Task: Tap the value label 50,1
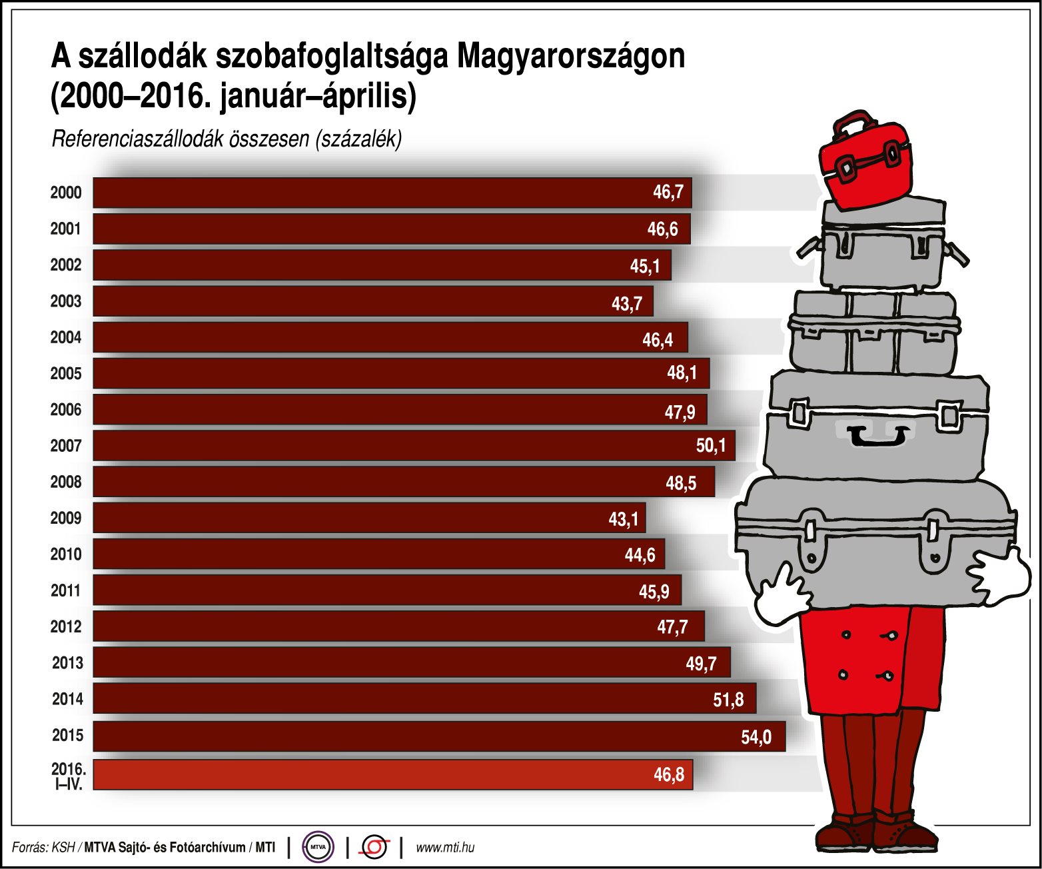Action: pos(710,445)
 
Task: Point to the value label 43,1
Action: pos(623,518)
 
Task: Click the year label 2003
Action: pos(66,301)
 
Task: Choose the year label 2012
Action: pos(66,626)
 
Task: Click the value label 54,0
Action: pos(756,737)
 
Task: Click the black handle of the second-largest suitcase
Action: pos(878,438)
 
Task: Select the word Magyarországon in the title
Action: pos(570,57)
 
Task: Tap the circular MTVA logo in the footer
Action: pos(318,847)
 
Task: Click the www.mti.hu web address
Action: pos(445,848)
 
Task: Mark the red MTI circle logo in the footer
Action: pos(374,847)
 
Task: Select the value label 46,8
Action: pos(668,775)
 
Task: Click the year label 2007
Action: pos(66,446)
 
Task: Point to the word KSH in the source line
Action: pos(63,848)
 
